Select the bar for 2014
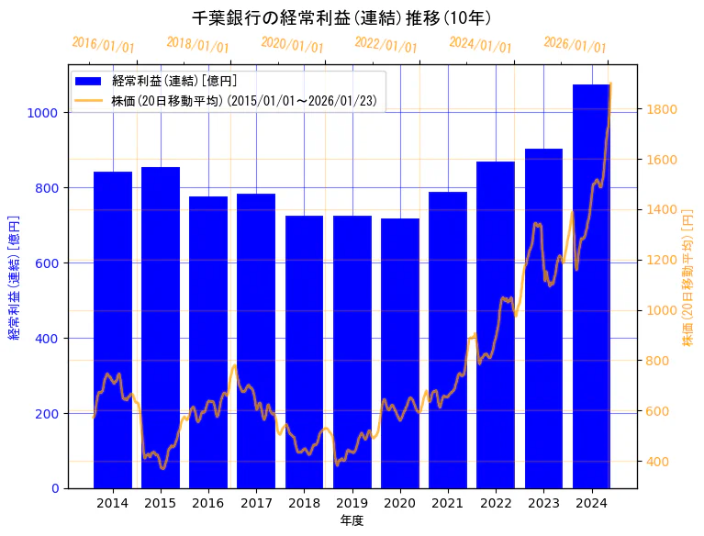(x=113, y=329)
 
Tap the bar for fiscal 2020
(x=400, y=353)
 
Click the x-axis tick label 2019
(x=352, y=503)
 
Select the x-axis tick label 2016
(x=208, y=503)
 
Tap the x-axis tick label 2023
(x=543, y=503)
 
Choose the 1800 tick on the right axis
(x=662, y=109)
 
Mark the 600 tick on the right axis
(x=658, y=411)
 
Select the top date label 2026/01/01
(x=575, y=44)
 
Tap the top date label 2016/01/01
(x=103, y=44)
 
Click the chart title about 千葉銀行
(x=341, y=18)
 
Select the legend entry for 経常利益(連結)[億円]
(x=174, y=82)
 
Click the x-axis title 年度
(x=352, y=520)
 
